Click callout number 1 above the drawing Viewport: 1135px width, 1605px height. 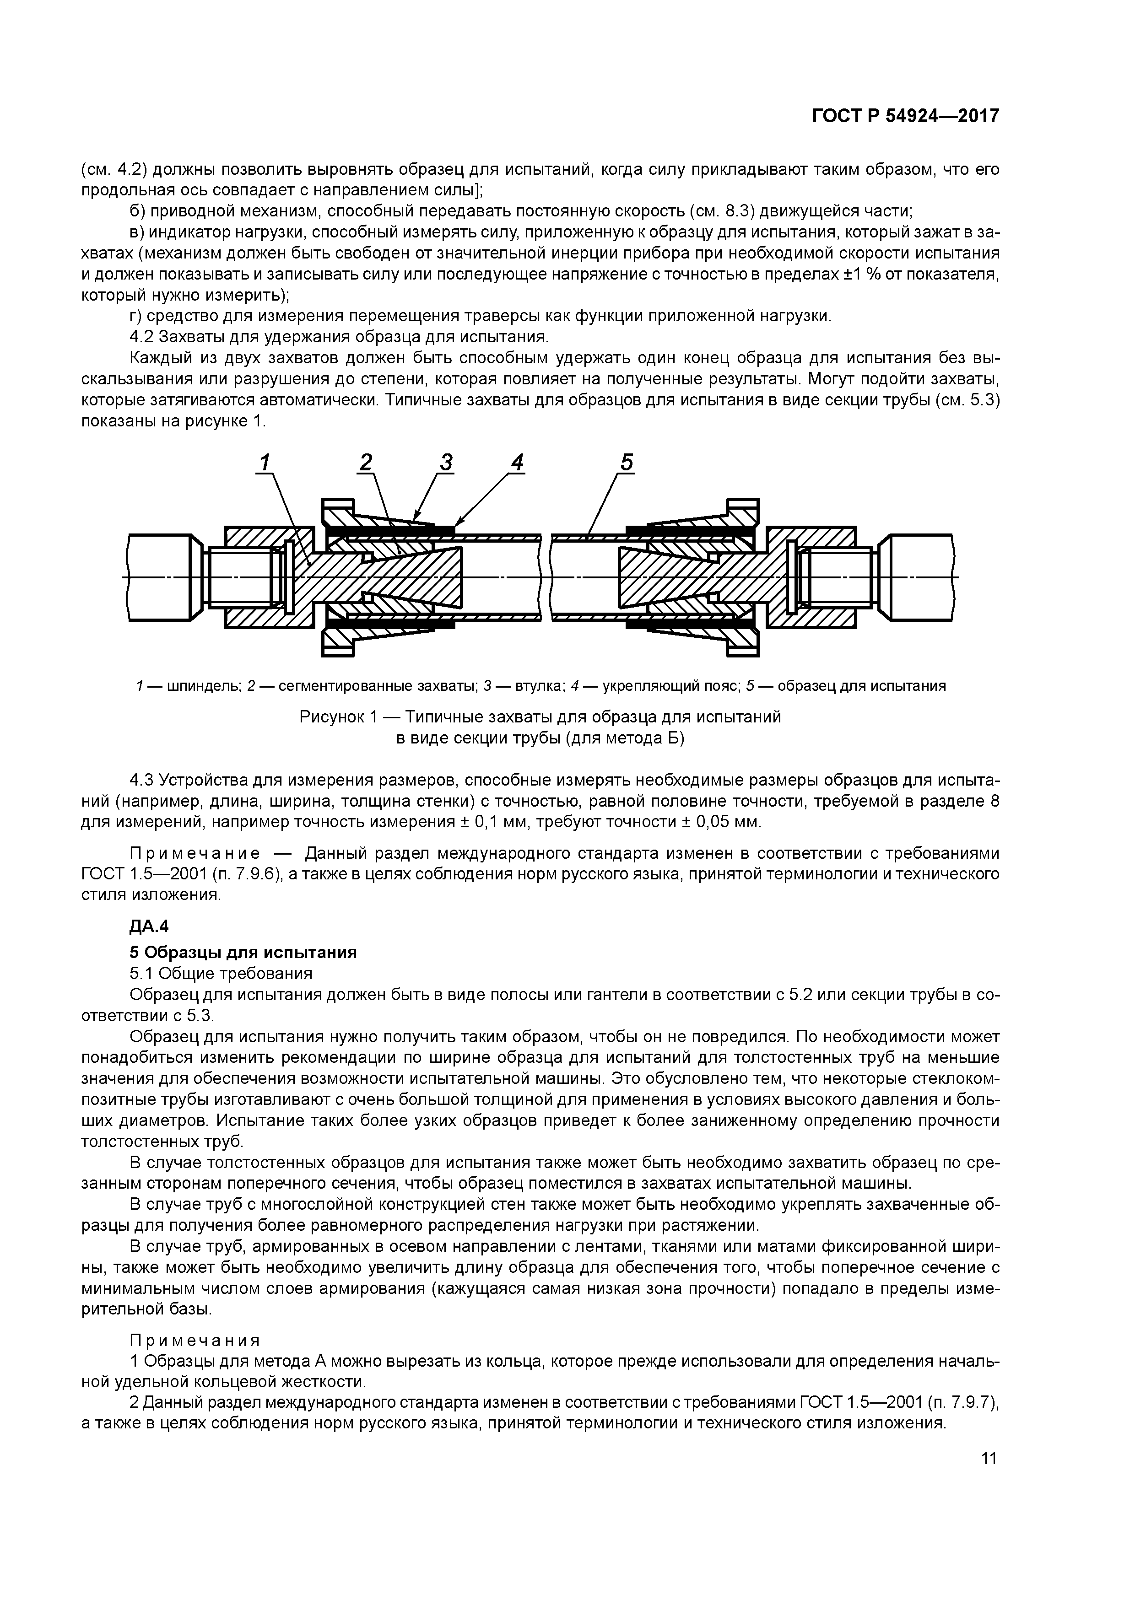click(265, 462)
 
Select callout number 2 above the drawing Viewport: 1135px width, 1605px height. click(366, 462)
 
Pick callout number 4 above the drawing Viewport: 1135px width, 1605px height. click(517, 462)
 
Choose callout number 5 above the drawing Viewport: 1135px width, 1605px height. click(626, 462)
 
